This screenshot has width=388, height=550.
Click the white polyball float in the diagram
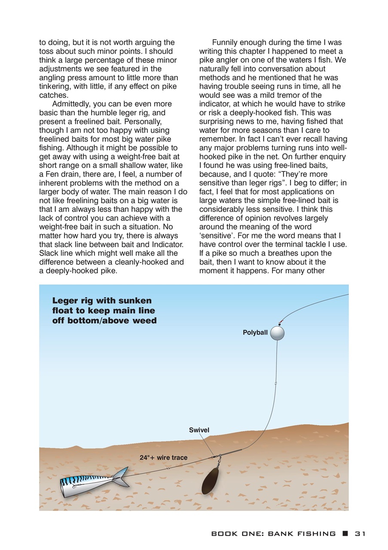[277, 333]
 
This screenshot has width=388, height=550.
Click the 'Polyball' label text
[255, 333]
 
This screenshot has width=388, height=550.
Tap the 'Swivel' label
[199, 430]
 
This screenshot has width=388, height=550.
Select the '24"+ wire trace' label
[164, 458]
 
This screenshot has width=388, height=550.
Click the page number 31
[360, 534]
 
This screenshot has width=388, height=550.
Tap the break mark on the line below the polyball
[275, 383]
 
